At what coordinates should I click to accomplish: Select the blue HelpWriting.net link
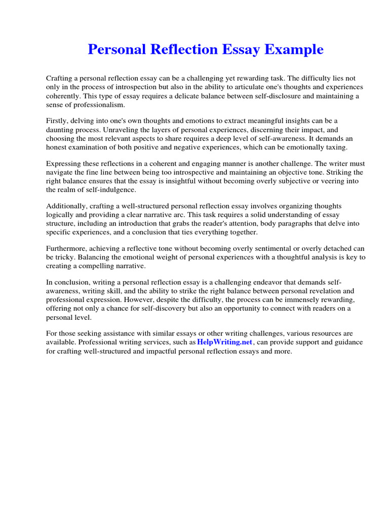[224, 342]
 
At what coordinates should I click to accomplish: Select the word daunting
[61, 129]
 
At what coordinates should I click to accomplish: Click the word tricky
[65, 257]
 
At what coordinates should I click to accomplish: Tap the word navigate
[61, 172]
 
